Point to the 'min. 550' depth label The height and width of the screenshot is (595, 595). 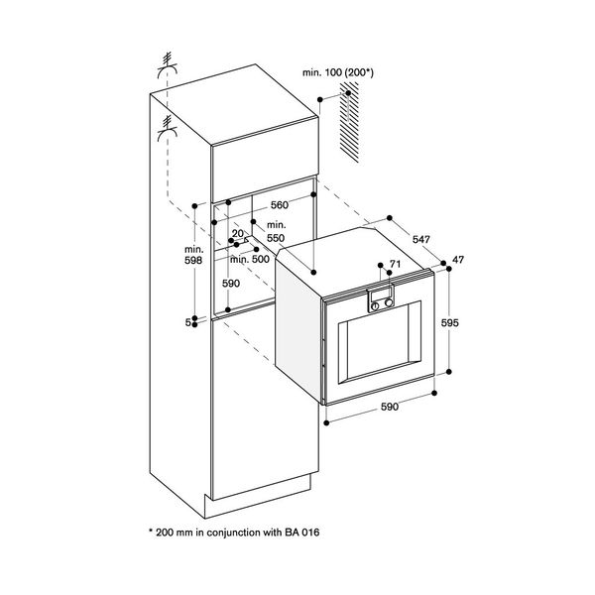coord(275,233)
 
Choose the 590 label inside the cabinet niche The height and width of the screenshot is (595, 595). coord(230,283)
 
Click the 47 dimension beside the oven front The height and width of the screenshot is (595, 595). coord(458,260)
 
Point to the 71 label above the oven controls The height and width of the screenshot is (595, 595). coord(395,265)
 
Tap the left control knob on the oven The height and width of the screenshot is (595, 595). coord(376,306)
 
